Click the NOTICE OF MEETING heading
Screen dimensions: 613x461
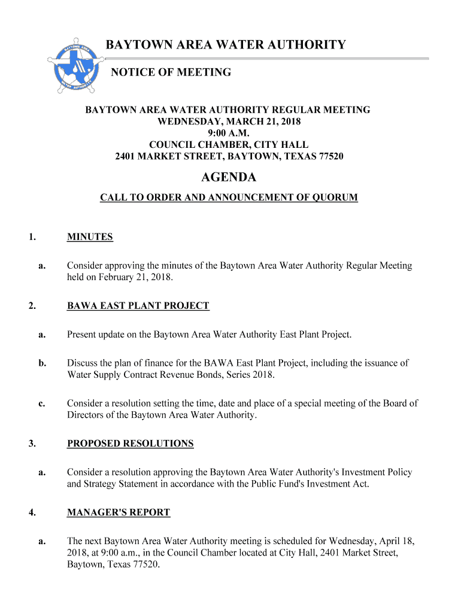click(x=171, y=72)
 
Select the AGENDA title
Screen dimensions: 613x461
click(x=229, y=177)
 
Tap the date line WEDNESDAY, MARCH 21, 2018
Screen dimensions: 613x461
click(x=229, y=122)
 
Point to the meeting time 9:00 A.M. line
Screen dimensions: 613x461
click(x=229, y=133)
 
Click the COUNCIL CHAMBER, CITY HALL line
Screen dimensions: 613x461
click(x=229, y=145)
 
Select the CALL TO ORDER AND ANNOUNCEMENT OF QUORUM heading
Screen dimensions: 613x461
click(x=229, y=197)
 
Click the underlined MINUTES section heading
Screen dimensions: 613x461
click(x=90, y=237)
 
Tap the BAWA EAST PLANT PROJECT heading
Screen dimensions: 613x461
click(x=138, y=306)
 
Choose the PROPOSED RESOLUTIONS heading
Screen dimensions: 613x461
click(x=131, y=444)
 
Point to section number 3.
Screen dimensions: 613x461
click(x=31, y=444)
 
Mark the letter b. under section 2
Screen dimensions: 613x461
click(x=42, y=363)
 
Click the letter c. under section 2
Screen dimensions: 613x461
click(x=42, y=403)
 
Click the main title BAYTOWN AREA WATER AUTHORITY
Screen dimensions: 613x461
click(x=226, y=45)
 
